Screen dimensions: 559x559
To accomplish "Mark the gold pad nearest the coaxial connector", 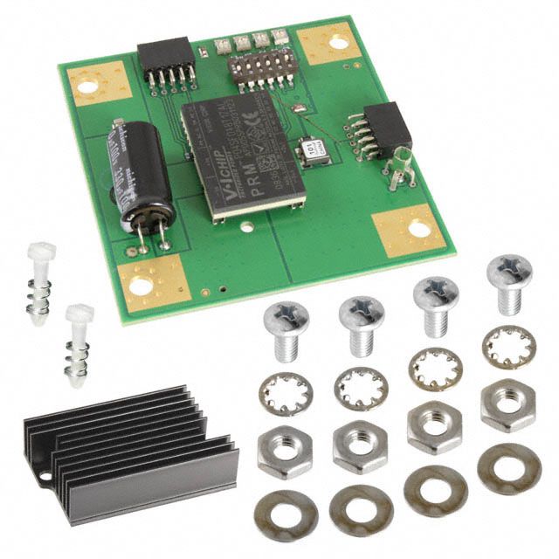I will pyautogui.click(x=410, y=230).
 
